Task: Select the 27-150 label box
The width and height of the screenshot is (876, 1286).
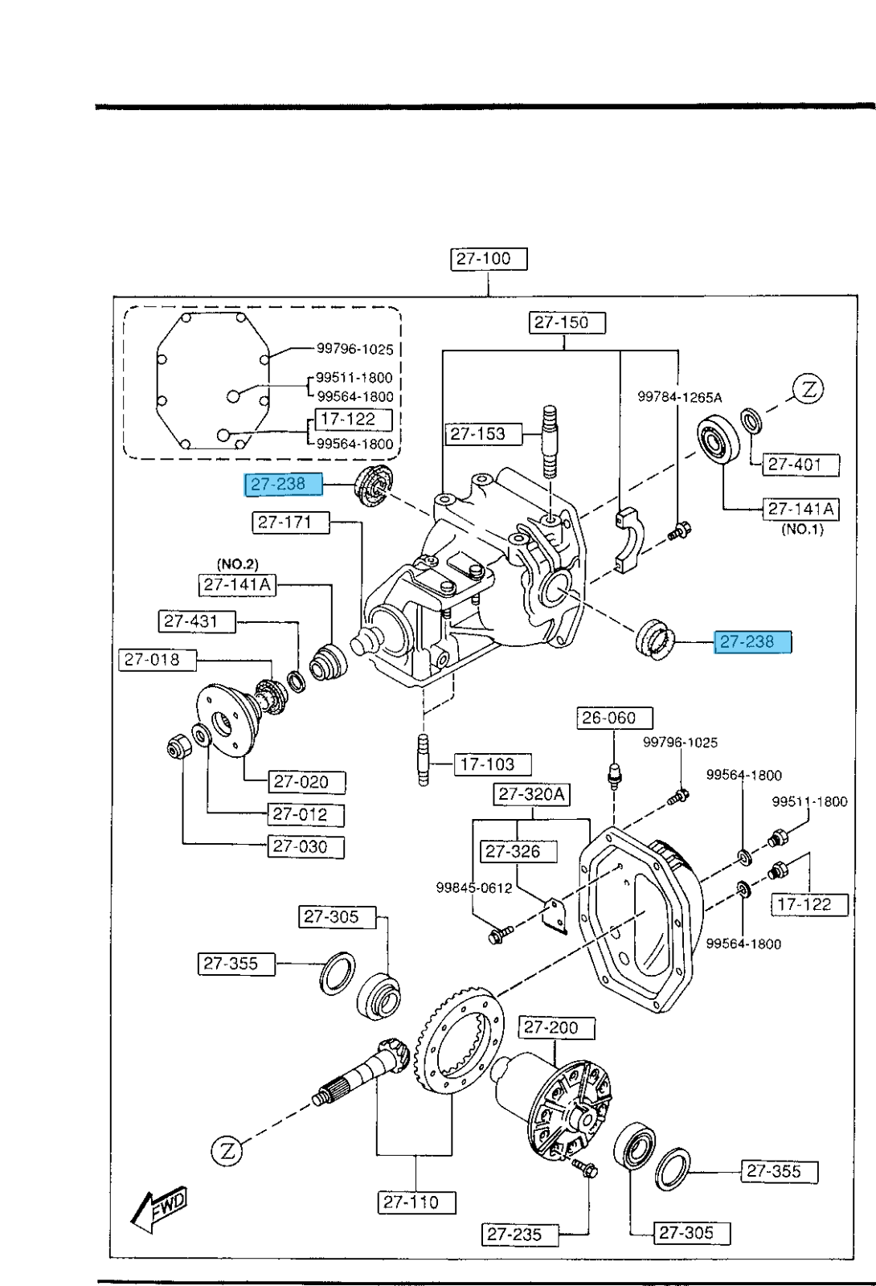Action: click(567, 322)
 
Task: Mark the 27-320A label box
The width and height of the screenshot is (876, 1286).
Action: click(531, 795)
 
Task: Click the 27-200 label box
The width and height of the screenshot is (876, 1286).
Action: click(558, 1027)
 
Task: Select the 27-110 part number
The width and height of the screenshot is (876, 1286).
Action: click(416, 1202)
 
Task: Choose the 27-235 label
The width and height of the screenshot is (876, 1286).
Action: click(520, 1234)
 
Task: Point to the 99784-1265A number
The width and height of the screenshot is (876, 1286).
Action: click(679, 397)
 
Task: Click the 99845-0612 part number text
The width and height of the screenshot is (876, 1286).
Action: click(474, 888)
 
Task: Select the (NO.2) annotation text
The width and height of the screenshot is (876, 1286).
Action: click(238, 564)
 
